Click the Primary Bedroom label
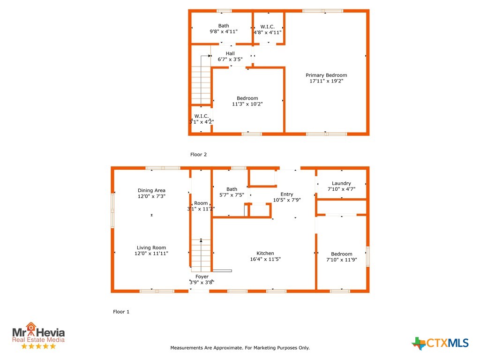[x=326, y=75]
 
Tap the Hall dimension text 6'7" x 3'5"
[x=230, y=59]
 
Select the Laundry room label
[x=341, y=183]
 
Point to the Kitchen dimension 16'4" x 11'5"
[x=265, y=259]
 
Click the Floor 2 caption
[x=198, y=155]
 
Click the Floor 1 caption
[x=121, y=312]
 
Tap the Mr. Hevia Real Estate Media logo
[x=38, y=336]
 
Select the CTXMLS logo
[x=440, y=343]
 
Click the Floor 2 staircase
[x=201, y=80]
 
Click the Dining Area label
[x=151, y=190]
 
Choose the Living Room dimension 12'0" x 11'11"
[x=151, y=254]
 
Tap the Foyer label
[x=202, y=277]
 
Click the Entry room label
[x=287, y=194]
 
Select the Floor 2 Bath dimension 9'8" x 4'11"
[x=224, y=31]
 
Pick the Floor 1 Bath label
[x=232, y=189]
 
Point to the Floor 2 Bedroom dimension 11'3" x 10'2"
[x=247, y=104]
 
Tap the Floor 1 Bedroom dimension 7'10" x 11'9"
[x=342, y=260]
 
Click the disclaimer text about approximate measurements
[x=240, y=348]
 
